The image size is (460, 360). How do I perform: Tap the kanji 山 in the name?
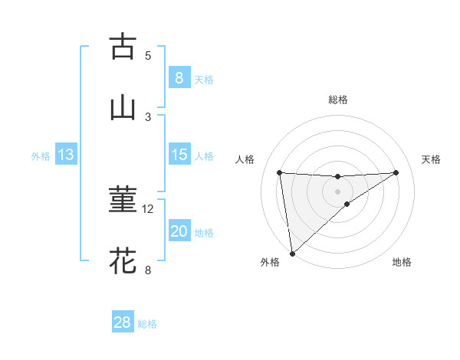coord(123,108)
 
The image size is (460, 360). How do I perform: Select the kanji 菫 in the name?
coord(123,200)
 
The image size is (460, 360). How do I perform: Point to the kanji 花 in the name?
coord(123,261)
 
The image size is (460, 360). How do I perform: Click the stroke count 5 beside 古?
coord(148,55)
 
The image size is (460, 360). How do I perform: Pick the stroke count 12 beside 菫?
coord(148,208)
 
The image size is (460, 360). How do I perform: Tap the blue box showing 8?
coord(179,78)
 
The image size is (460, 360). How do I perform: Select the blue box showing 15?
coord(179,155)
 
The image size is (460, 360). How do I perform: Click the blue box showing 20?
coord(179,231)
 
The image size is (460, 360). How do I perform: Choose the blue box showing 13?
coord(66,155)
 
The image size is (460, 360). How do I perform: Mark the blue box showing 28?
coord(123,322)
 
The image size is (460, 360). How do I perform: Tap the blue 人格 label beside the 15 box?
coord(204,156)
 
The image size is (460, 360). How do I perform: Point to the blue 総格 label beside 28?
coord(147,324)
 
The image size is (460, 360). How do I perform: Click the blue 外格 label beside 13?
coord(41,156)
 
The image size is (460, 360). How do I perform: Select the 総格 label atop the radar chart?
coord(338,100)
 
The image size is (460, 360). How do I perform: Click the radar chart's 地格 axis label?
coord(402,262)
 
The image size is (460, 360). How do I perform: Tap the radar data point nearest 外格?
coord(291,254)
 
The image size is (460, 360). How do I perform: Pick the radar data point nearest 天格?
coord(396,172)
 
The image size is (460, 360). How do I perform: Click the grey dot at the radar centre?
coord(338,191)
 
